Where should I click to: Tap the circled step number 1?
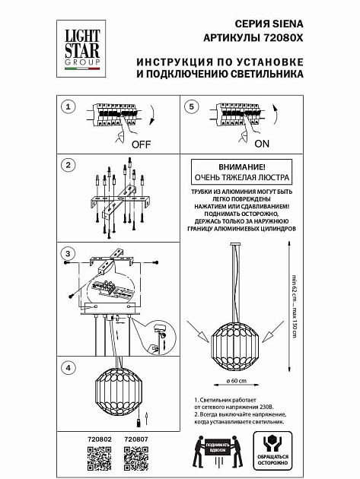[x=68, y=108]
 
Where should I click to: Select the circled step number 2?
[x=68, y=165]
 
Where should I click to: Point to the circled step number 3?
[x=68, y=252]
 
